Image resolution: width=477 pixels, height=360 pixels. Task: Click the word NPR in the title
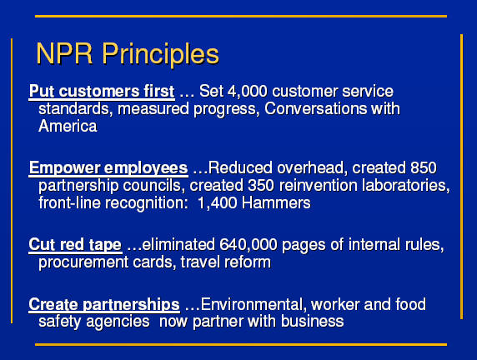click(x=64, y=54)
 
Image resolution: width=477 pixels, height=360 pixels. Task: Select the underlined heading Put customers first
click(x=102, y=92)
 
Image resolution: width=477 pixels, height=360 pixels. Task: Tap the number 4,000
click(x=248, y=91)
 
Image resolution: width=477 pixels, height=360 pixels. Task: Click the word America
click(x=68, y=126)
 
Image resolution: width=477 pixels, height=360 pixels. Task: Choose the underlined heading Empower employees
click(x=108, y=168)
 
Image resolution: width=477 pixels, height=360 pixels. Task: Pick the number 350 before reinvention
click(x=261, y=186)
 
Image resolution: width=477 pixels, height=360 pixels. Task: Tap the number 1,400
click(x=217, y=203)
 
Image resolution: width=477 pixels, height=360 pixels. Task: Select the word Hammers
click(x=276, y=202)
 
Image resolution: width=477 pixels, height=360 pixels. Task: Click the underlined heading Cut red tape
click(x=75, y=245)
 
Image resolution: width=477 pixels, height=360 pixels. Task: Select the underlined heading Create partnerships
click(x=104, y=305)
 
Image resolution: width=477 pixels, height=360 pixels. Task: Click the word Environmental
click(x=254, y=304)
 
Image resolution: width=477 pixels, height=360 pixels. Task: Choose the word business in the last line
click(x=312, y=322)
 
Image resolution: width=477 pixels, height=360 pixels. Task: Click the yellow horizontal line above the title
click(x=241, y=16)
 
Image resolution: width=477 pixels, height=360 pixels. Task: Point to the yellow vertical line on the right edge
click(x=461, y=177)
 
